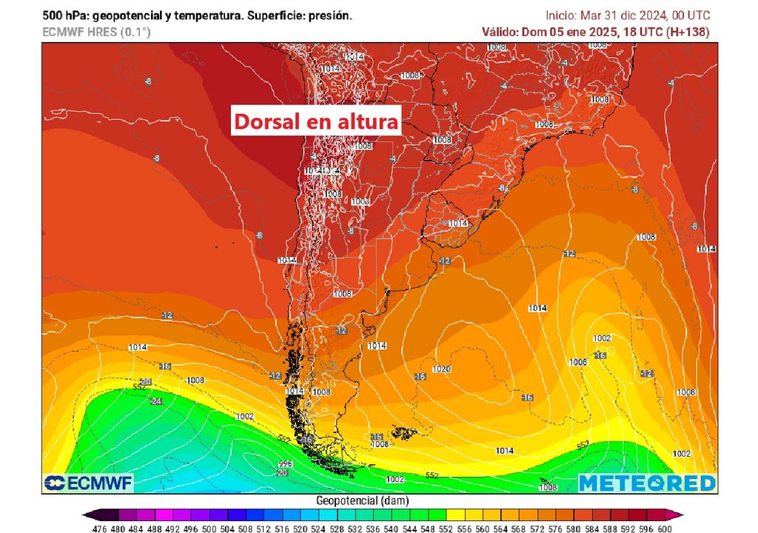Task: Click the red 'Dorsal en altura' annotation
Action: [x=317, y=121]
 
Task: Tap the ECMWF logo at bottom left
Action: [x=88, y=483]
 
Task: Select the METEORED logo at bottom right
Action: [x=647, y=483]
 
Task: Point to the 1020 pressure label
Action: [x=442, y=369]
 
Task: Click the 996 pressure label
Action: [x=286, y=464]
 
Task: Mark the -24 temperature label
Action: [x=155, y=401]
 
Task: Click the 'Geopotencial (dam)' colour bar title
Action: [x=362, y=501]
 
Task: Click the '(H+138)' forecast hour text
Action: [x=686, y=32]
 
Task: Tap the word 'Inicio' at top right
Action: [x=560, y=15]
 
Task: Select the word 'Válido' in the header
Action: [x=499, y=32]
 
